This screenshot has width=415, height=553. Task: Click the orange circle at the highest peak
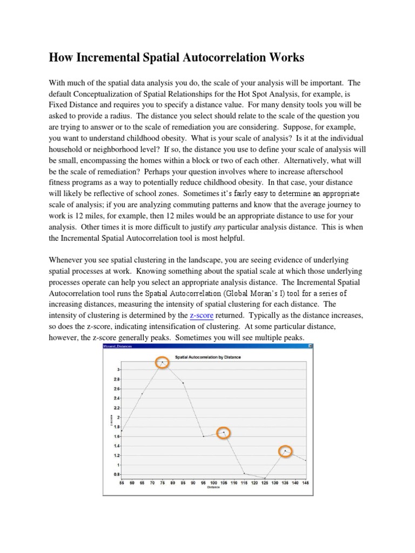[162, 363]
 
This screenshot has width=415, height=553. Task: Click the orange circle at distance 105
[224, 433]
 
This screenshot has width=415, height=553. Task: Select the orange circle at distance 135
[286, 451]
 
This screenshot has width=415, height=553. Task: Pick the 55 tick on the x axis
[122, 482]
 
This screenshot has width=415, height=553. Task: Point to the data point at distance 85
[183, 383]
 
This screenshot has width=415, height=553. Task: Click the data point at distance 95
[204, 436]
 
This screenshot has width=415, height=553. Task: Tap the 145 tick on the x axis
[306, 482]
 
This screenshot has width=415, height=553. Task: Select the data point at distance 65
[142, 394]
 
